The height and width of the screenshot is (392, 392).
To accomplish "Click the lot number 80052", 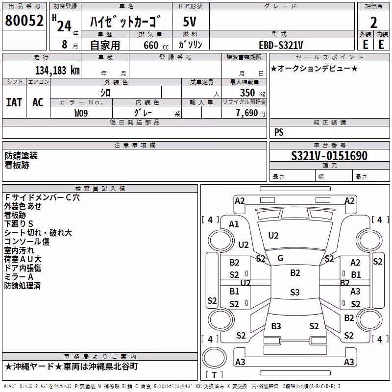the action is (x=24, y=21).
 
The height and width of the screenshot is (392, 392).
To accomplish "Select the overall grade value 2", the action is (x=373, y=23).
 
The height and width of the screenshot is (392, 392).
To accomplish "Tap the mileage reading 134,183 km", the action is (x=57, y=71).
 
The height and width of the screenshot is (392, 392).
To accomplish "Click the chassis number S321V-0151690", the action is (x=329, y=156).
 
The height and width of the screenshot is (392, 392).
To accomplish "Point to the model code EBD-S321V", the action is (x=281, y=45).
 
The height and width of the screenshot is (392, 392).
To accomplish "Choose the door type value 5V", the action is (x=190, y=22).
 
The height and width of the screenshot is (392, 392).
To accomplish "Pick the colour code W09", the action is (x=81, y=113).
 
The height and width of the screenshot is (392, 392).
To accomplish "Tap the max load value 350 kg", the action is (x=252, y=93).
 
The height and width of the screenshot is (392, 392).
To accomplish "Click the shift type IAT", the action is (x=14, y=102).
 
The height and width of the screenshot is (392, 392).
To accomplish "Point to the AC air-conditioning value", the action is (x=38, y=102).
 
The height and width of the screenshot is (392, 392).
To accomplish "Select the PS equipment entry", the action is (x=279, y=132).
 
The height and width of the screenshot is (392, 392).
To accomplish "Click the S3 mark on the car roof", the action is (x=295, y=292).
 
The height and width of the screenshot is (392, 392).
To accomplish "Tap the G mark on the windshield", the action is (x=280, y=258).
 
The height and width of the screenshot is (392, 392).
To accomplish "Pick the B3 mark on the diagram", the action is (x=276, y=326).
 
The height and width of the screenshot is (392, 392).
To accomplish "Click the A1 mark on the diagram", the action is (x=234, y=224).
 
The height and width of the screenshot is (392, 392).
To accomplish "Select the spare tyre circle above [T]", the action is (x=214, y=358).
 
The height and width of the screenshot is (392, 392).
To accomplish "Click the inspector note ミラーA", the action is (x=19, y=277).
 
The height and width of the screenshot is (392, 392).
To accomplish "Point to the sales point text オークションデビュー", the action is (x=314, y=68).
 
